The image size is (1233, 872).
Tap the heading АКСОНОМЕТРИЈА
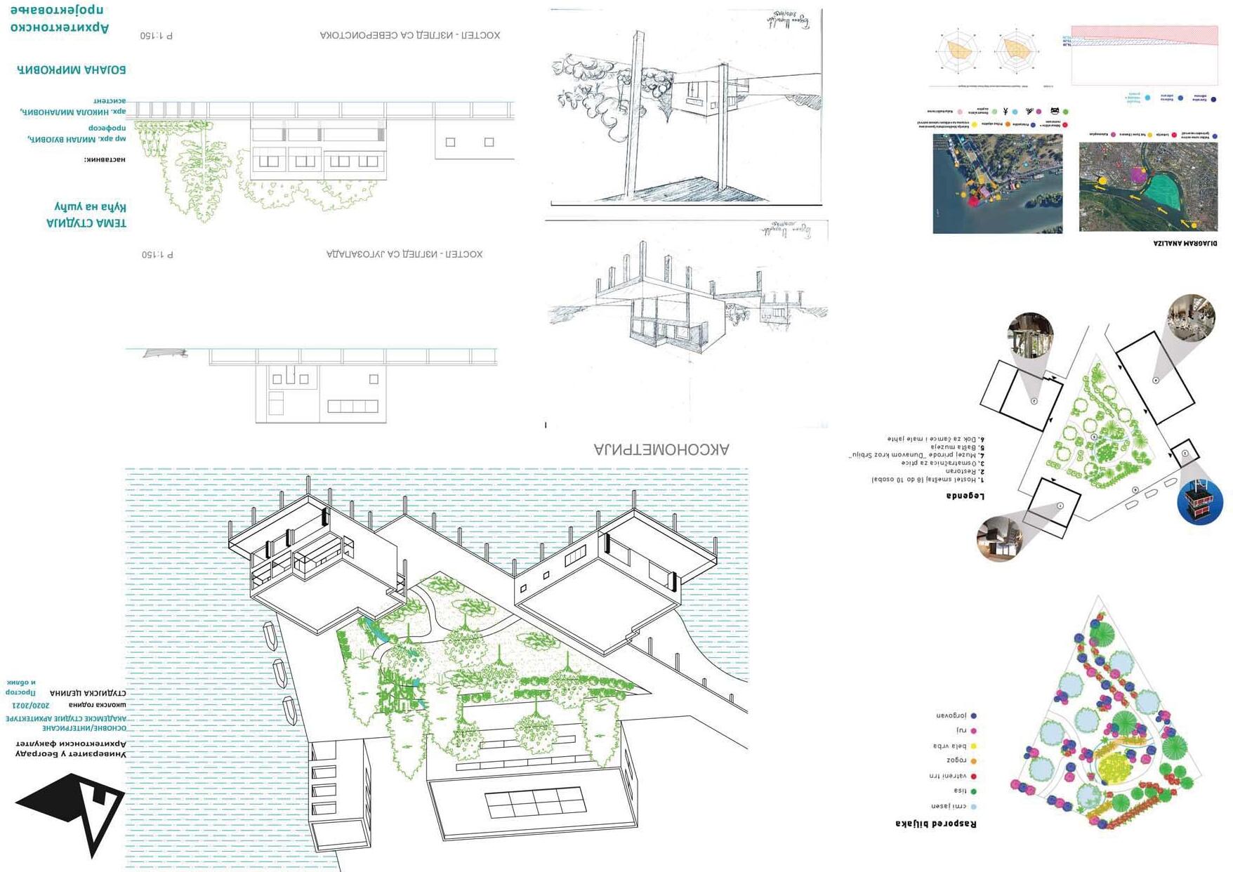661,449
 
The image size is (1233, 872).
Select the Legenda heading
965,496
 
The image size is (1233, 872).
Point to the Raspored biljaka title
935,823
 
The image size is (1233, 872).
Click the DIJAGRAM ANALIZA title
1185,243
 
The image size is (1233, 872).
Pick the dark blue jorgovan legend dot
973,715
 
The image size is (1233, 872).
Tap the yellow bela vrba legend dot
973,746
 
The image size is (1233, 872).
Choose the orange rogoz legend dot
973,760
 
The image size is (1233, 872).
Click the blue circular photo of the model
1200,501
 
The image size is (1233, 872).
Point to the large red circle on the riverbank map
973,202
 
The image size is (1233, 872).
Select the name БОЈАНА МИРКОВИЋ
71,70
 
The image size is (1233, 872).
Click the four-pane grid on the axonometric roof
534,802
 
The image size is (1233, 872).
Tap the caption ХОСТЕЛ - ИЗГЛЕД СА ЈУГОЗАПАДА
404,254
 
